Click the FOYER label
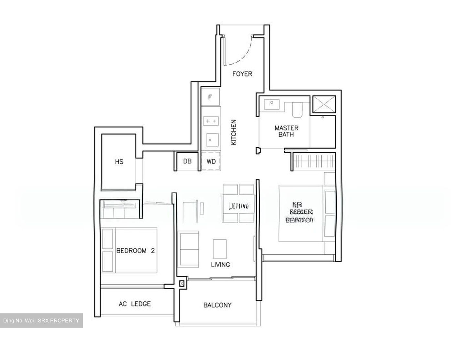[x=242, y=74]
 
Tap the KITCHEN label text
[x=234, y=132]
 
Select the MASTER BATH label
[x=286, y=131]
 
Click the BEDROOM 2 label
[x=136, y=251]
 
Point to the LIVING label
[x=220, y=264]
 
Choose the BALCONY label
[x=217, y=305]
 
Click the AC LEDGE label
[x=135, y=304]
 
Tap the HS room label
[x=119, y=162]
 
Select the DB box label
[x=187, y=161]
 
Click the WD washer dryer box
[x=211, y=161]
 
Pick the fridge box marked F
[x=210, y=97]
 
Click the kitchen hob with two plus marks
[x=211, y=121]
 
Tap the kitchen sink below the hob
[x=211, y=140]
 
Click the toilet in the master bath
[x=297, y=110]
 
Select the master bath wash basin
[x=272, y=104]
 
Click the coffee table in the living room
[x=220, y=249]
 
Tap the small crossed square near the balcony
[x=182, y=284]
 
